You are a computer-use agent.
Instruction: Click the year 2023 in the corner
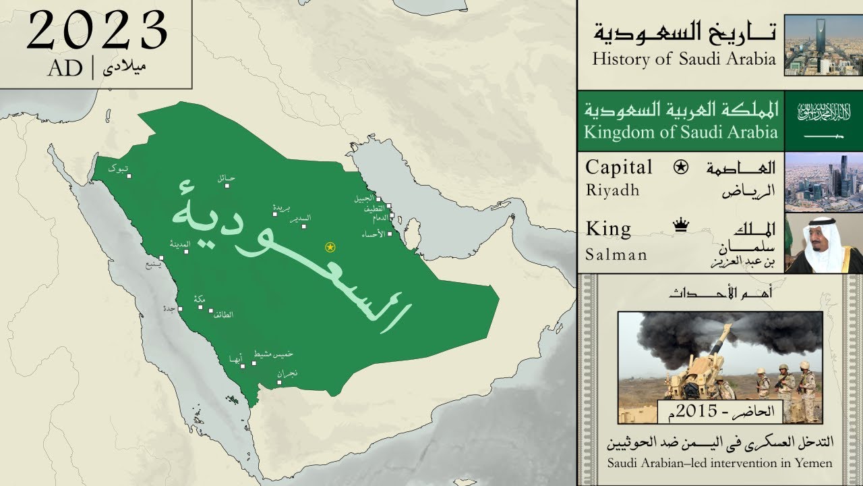pos(97,31)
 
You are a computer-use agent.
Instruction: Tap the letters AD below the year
pos(65,68)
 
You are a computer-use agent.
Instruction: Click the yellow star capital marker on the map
pos(330,247)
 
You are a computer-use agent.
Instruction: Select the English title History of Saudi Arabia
pos(684,59)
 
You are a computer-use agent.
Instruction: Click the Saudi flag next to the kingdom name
pos(824,121)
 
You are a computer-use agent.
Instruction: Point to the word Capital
pos(619,167)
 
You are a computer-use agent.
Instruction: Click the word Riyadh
pos(612,190)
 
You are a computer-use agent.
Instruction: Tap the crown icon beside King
pos(680,227)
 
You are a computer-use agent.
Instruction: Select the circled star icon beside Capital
pos(681,167)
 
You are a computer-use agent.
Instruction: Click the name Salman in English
pos(616,254)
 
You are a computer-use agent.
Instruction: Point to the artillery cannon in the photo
pos(701,364)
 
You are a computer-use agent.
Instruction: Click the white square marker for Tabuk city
pos(128,177)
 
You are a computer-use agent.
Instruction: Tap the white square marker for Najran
pos(279,382)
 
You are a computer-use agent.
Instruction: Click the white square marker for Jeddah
pos(180,308)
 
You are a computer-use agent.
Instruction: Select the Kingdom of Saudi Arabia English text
pos(680,132)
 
